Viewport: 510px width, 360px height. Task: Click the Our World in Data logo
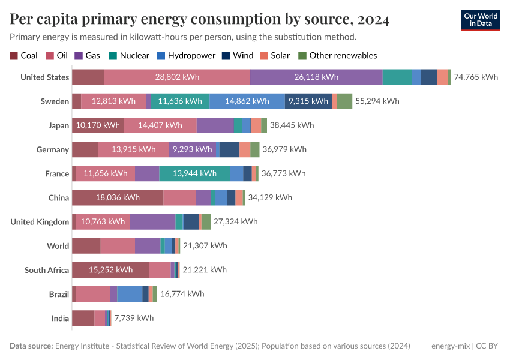point(481,20)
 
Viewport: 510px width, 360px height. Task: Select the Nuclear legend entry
point(129,56)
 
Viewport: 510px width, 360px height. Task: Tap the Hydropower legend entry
point(186,56)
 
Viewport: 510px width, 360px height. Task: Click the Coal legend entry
point(23,56)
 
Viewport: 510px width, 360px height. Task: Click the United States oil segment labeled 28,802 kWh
point(177,77)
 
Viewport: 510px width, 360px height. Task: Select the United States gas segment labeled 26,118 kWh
point(316,77)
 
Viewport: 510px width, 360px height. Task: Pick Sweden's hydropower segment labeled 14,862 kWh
point(247,101)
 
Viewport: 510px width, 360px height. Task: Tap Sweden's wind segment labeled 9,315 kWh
point(308,101)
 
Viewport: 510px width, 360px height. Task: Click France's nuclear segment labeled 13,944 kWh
point(194,173)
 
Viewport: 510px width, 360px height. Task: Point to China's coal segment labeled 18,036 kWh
point(118,197)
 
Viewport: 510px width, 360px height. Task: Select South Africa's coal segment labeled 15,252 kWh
point(110,270)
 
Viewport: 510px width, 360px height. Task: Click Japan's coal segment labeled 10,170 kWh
point(98,125)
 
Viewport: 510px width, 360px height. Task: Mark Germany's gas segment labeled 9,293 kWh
point(192,149)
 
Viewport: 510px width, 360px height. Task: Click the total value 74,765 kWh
point(476,77)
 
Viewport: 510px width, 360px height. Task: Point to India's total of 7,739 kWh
point(133,318)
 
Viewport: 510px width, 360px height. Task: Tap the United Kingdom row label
point(40,222)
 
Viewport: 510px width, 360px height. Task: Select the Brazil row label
point(59,294)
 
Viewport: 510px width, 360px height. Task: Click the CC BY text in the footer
point(488,346)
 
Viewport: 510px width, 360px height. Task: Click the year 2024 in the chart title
point(373,20)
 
